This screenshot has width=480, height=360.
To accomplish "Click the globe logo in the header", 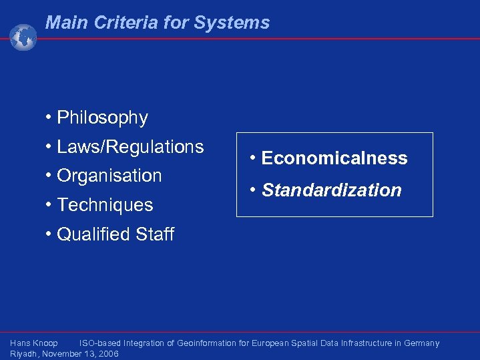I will (x=23, y=37).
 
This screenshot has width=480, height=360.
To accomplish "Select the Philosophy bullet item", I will (x=102, y=118).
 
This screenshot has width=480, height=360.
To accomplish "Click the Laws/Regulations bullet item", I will (x=130, y=146).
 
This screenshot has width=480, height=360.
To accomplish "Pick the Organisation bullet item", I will (x=109, y=176).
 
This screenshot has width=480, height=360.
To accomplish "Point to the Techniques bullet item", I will (x=105, y=205).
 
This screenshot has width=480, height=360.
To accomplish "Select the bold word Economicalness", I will (x=334, y=158).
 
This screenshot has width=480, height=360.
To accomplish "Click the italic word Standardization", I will (x=331, y=190).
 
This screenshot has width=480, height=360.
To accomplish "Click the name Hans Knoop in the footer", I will (x=34, y=343).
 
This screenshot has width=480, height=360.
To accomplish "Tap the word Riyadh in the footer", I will (x=24, y=354).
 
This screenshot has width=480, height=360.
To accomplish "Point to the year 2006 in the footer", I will (x=108, y=354).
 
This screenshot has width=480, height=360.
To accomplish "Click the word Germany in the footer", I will (x=421, y=343).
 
